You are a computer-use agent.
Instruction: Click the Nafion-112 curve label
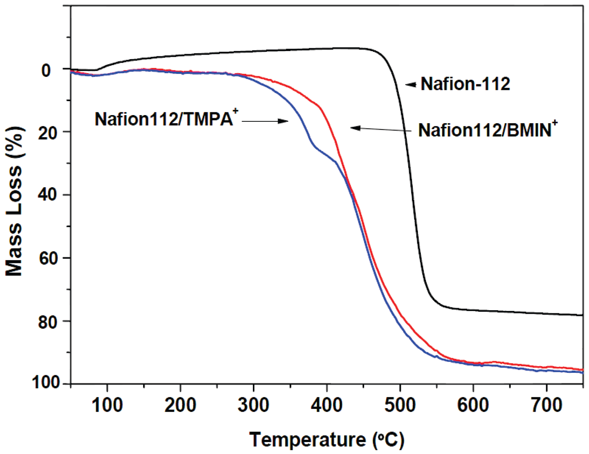pyautogui.click(x=465, y=84)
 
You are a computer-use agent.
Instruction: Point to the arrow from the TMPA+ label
pyautogui.click(x=265, y=121)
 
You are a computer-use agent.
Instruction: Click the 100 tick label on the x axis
pyautogui.click(x=107, y=405)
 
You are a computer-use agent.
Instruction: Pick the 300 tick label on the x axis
pyautogui.click(x=253, y=405)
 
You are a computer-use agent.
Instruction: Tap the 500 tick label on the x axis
pyautogui.click(x=400, y=405)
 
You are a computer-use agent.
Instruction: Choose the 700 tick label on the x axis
pyautogui.click(x=546, y=405)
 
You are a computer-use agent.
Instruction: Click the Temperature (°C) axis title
pyautogui.click(x=327, y=439)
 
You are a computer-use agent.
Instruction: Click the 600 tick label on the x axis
pyautogui.click(x=473, y=405)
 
